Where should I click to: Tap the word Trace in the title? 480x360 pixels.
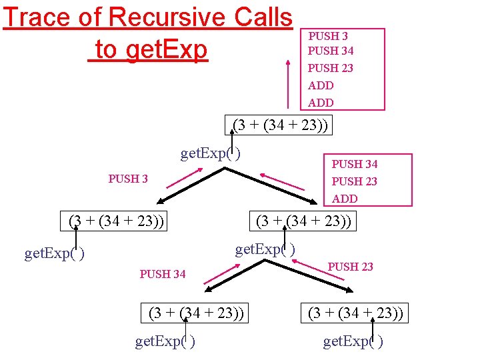37,17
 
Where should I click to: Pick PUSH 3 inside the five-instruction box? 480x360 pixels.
328,36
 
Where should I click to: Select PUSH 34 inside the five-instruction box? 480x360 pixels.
331,51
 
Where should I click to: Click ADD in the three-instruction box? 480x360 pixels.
345,199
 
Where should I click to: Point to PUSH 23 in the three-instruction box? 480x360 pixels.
355,181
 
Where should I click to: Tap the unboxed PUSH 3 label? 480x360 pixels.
128,179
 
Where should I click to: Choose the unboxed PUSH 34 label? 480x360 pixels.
163,274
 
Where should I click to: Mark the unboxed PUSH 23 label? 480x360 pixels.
350,267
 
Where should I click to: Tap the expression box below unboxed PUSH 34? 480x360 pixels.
196,313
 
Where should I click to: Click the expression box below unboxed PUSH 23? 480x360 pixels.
355,313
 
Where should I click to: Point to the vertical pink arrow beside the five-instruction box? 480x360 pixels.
288,83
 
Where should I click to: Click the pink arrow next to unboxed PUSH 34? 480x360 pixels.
221,274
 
